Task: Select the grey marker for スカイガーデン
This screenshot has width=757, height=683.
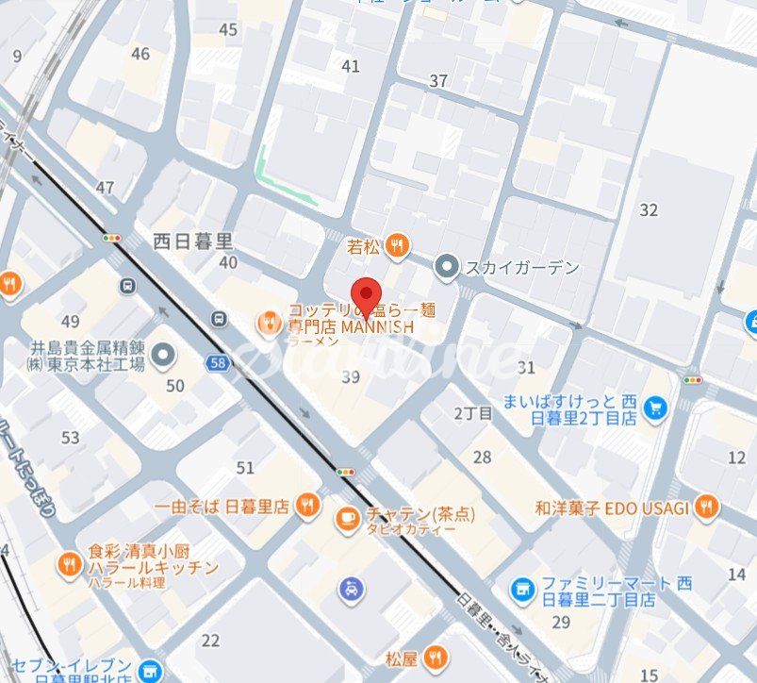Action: pyautogui.click(x=447, y=268)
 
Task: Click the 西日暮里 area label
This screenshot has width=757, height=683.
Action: pyautogui.click(x=193, y=241)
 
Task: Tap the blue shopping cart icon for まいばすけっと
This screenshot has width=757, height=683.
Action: pyautogui.click(x=655, y=408)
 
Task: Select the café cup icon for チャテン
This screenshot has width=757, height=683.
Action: pyautogui.click(x=348, y=516)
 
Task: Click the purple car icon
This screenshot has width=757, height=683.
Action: pyautogui.click(x=350, y=591)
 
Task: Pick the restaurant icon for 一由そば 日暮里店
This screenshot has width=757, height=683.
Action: pyautogui.click(x=306, y=506)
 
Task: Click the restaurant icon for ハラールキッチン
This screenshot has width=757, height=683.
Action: pyautogui.click(x=69, y=564)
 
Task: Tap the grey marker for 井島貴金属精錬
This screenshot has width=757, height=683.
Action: pyautogui.click(x=165, y=355)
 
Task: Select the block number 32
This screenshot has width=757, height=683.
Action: pyautogui.click(x=649, y=209)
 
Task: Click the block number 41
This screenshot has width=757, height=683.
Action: pyautogui.click(x=351, y=66)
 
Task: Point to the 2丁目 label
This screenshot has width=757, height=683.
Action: pyautogui.click(x=473, y=413)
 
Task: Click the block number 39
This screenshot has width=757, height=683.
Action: pyautogui.click(x=351, y=376)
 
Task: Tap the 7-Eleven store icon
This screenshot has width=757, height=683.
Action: pyautogui.click(x=149, y=671)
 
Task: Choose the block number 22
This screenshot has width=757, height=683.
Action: pyautogui.click(x=210, y=641)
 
